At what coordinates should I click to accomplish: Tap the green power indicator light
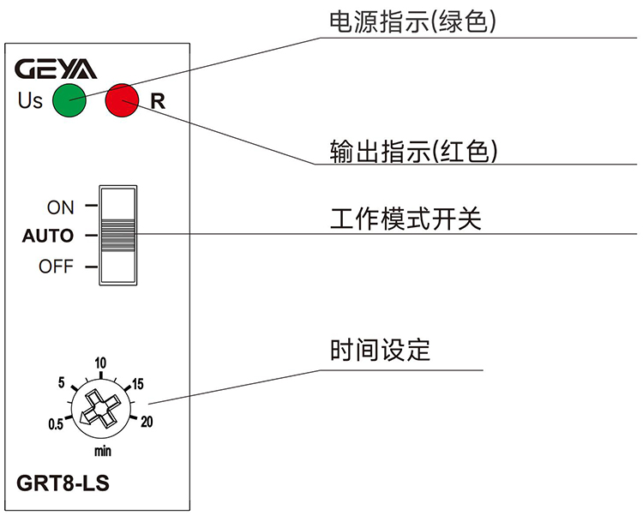tap(69, 100)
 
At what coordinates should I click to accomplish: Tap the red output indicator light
tap(122, 100)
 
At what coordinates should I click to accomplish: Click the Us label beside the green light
tap(30, 101)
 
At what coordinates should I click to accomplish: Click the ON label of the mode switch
tap(61, 207)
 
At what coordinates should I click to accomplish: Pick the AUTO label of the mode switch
tap(48, 236)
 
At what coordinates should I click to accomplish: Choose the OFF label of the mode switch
tap(57, 267)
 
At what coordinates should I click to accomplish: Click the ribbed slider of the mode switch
tap(118, 235)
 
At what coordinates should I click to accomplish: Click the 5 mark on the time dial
tap(62, 382)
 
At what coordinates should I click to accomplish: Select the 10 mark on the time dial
tap(100, 363)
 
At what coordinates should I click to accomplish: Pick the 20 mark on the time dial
tap(147, 421)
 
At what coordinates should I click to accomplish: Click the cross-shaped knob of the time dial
tap(101, 409)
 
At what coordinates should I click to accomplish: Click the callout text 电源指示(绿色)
tap(414, 23)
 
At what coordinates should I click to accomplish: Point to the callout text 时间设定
tap(380, 351)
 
